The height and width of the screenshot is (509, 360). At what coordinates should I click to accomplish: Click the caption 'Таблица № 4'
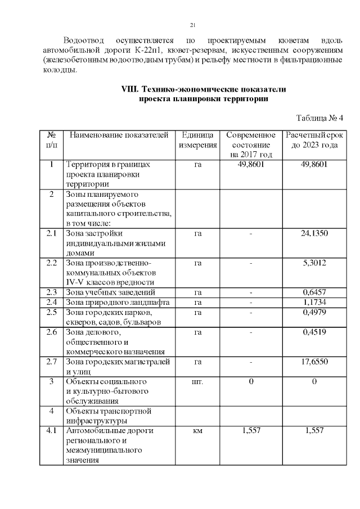pos(319,118)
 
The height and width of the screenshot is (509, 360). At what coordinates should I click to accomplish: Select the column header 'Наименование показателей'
pos(119,136)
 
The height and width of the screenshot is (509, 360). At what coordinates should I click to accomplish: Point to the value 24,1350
pos(314,233)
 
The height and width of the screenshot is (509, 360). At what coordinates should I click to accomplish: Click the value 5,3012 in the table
pos(314,263)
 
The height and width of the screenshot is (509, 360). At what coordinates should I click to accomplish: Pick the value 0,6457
pos(314,292)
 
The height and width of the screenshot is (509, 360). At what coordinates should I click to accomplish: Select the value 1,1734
pos(314,303)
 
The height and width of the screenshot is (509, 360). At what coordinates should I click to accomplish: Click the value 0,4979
pos(314,313)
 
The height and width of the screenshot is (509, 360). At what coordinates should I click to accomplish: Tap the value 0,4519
pos(314,332)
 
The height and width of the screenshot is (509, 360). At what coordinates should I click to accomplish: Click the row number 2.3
pos(51,292)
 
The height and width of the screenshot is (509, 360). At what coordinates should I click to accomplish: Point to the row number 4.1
pos(51,431)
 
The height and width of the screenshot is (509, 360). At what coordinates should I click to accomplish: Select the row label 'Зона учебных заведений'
pos(111,292)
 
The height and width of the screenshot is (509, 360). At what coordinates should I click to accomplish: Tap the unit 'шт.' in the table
pos(197,382)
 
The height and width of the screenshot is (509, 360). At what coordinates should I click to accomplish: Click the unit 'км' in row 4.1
pos(197,431)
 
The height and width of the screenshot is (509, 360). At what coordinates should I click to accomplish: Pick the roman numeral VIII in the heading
pos(130,89)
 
